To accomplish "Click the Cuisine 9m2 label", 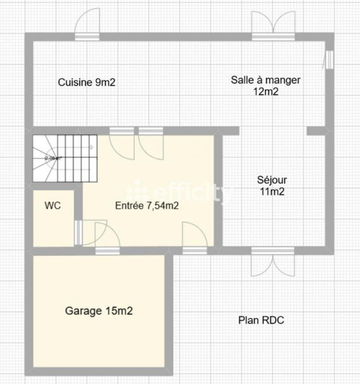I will click(x=86, y=83).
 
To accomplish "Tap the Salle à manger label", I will click(x=265, y=80).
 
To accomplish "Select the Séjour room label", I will click(x=272, y=180).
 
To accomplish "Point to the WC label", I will click(x=52, y=205).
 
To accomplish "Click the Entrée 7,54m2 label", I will click(x=147, y=206).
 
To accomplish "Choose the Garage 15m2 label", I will click(x=99, y=311).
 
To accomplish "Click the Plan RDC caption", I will click(x=261, y=320).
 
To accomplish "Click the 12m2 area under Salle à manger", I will click(x=266, y=92).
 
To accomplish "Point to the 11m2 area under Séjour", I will click(x=272, y=192).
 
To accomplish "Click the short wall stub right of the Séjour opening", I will click(x=316, y=131).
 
